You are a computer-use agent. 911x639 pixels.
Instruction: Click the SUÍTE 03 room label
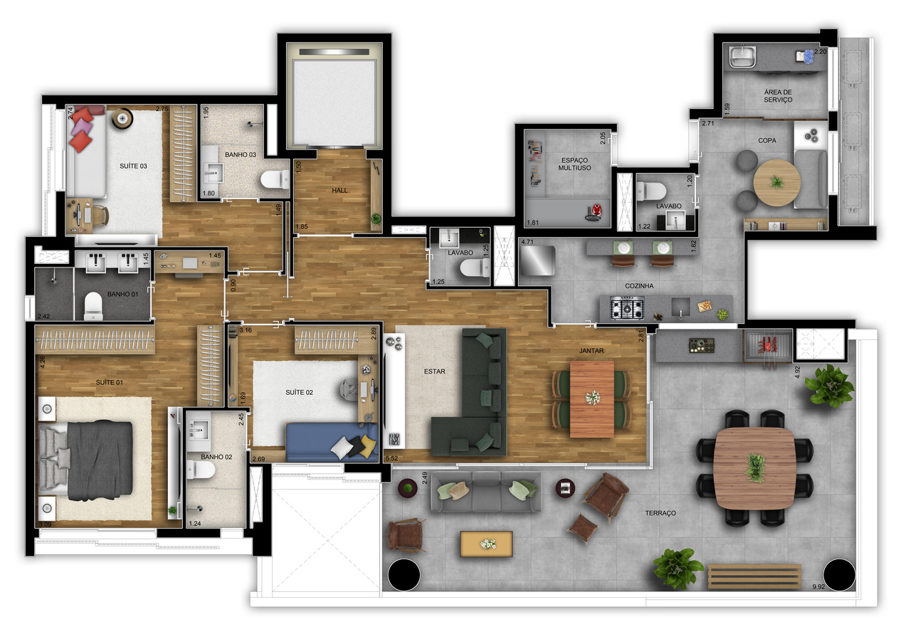click(x=133, y=166)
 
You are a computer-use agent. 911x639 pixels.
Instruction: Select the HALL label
click(x=339, y=190)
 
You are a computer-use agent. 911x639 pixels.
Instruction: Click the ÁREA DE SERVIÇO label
click(x=777, y=95)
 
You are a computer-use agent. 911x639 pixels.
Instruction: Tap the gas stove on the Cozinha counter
click(x=628, y=310)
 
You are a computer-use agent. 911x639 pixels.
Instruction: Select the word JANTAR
click(x=591, y=351)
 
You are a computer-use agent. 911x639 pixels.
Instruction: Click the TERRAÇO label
click(x=660, y=513)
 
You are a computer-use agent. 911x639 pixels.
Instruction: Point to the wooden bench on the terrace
click(x=754, y=576)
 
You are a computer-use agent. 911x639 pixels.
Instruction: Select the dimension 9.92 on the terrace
click(x=823, y=587)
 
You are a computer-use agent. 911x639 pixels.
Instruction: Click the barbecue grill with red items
click(x=767, y=347)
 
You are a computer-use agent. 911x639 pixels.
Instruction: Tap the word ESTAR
click(x=435, y=371)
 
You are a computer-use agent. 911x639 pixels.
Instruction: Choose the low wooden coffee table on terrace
click(x=487, y=544)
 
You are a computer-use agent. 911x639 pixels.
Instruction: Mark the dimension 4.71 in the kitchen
click(x=527, y=243)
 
